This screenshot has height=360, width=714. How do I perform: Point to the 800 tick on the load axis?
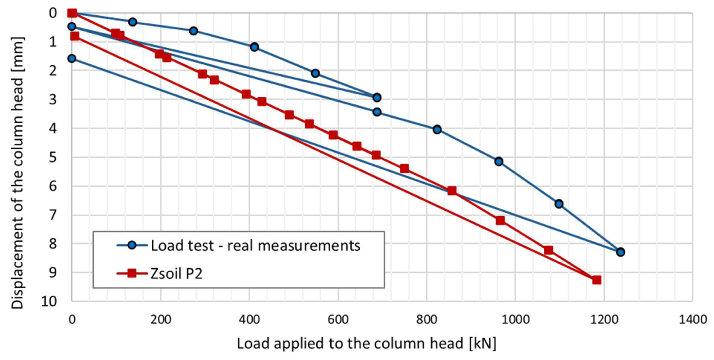coord(427,320)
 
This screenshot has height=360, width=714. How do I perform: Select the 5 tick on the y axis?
coord(53,158)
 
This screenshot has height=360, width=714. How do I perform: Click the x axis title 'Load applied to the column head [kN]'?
coord(366,343)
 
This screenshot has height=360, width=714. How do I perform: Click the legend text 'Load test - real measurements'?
coord(255,246)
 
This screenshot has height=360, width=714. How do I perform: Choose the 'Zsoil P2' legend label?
coord(177,274)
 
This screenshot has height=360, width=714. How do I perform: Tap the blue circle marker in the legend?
coord(132,245)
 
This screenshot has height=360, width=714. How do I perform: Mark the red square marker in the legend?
coord(132,274)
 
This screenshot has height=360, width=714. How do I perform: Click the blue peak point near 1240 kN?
coord(620,252)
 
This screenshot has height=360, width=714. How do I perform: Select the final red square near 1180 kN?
coord(596,280)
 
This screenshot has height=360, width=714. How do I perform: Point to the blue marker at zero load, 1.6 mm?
coord(72,58)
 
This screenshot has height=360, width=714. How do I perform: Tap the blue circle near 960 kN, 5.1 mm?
coord(499,161)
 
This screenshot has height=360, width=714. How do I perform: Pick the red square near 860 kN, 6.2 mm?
coord(452,191)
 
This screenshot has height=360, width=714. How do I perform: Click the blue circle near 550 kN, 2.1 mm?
coord(315,73)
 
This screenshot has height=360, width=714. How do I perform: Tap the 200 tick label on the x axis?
coord(161,320)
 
